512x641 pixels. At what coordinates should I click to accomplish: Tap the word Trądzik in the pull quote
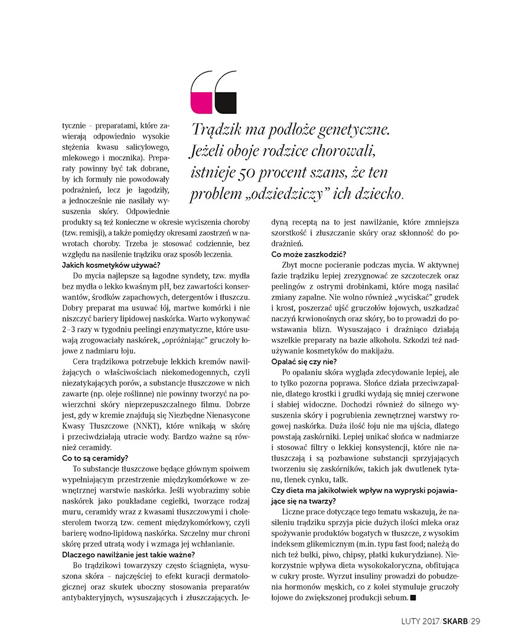coord(218,128)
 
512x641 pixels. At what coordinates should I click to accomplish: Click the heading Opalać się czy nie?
coord(304,361)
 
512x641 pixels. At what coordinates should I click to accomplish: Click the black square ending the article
coord(413,599)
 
